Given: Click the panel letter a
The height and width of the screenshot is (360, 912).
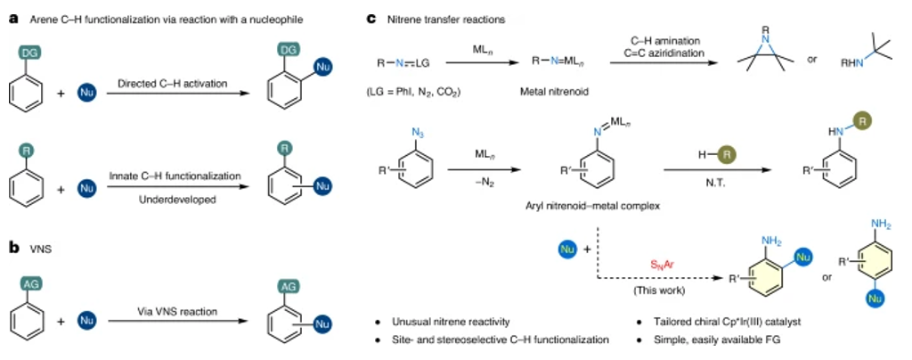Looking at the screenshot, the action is point(13,20).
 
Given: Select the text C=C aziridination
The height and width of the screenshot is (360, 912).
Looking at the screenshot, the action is point(666,53).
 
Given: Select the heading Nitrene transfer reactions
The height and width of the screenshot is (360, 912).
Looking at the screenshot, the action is point(446,20).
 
